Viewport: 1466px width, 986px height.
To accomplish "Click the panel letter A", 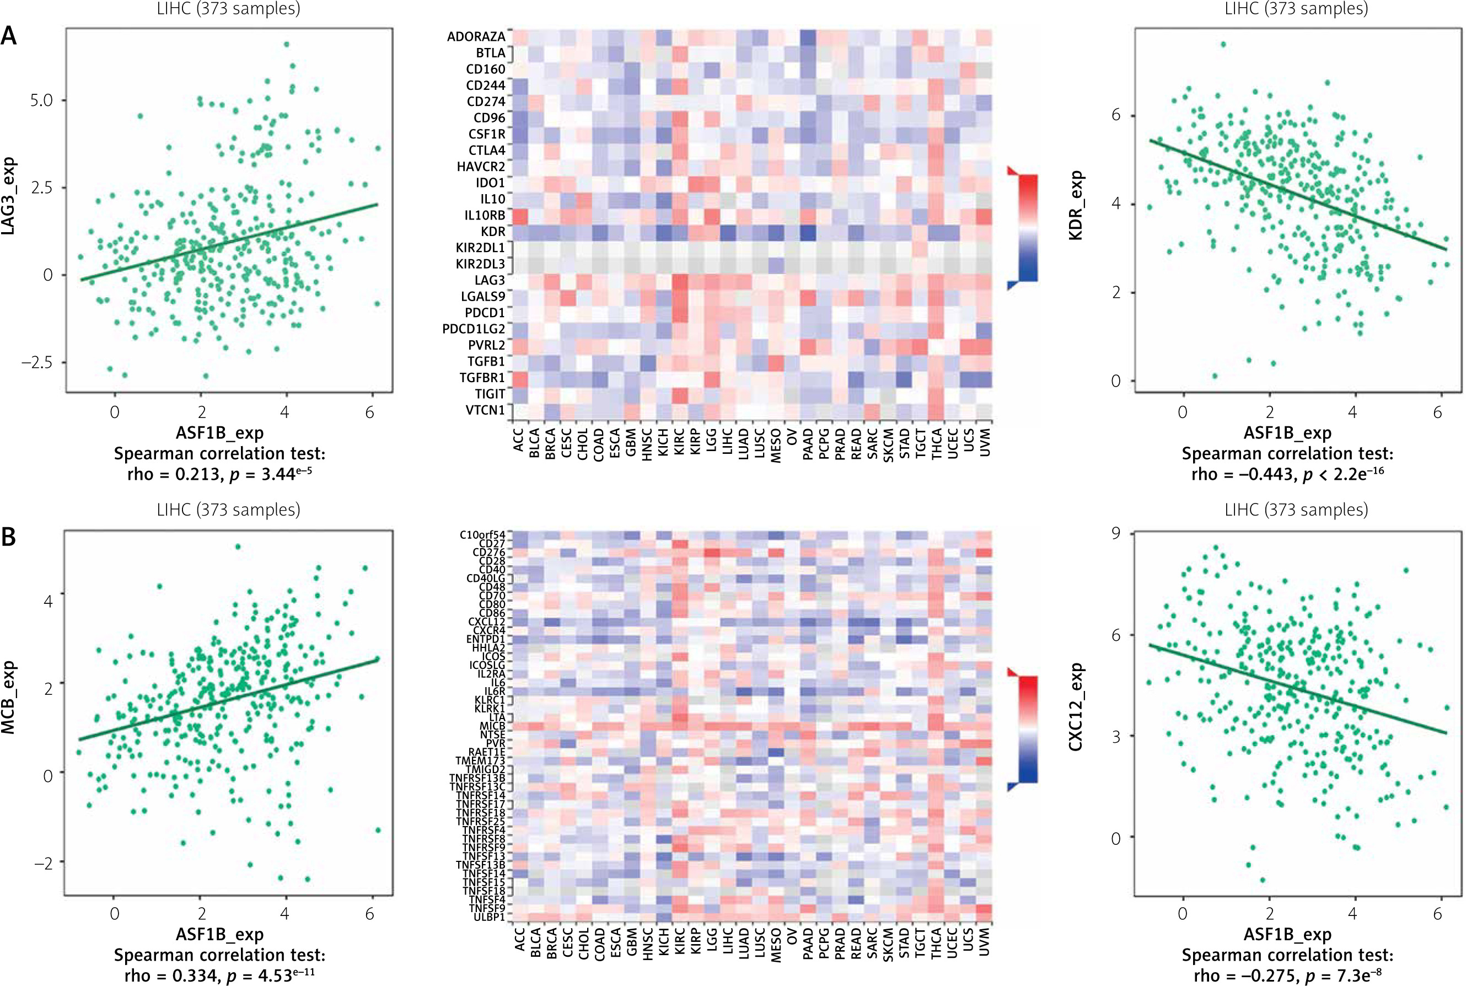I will tap(9, 36).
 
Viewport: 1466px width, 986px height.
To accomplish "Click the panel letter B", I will tap(9, 537).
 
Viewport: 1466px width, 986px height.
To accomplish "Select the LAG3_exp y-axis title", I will tap(8, 197).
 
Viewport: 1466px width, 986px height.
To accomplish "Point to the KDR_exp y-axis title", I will tap(1076, 206).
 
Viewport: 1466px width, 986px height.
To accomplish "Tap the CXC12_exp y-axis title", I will tap(1076, 707).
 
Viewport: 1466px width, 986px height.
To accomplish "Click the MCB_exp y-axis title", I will tap(8, 698).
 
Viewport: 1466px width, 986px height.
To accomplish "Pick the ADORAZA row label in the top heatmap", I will tap(476, 36).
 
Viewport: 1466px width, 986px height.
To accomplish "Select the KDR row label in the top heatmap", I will tap(493, 232).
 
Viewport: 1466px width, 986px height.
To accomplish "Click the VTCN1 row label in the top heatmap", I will tap(485, 410).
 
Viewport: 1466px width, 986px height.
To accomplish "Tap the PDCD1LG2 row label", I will tap(474, 329).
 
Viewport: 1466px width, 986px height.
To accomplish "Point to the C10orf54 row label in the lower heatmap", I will tap(482, 535).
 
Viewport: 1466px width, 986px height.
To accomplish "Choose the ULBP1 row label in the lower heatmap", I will tap(489, 918).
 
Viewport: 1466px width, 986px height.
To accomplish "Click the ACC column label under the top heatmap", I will tap(519, 441).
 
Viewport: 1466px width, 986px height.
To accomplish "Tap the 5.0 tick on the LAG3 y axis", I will tap(41, 100).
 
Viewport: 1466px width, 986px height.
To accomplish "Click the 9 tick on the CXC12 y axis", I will tap(1115, 533).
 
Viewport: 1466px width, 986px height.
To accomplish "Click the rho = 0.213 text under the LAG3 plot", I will tap(174, 474).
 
